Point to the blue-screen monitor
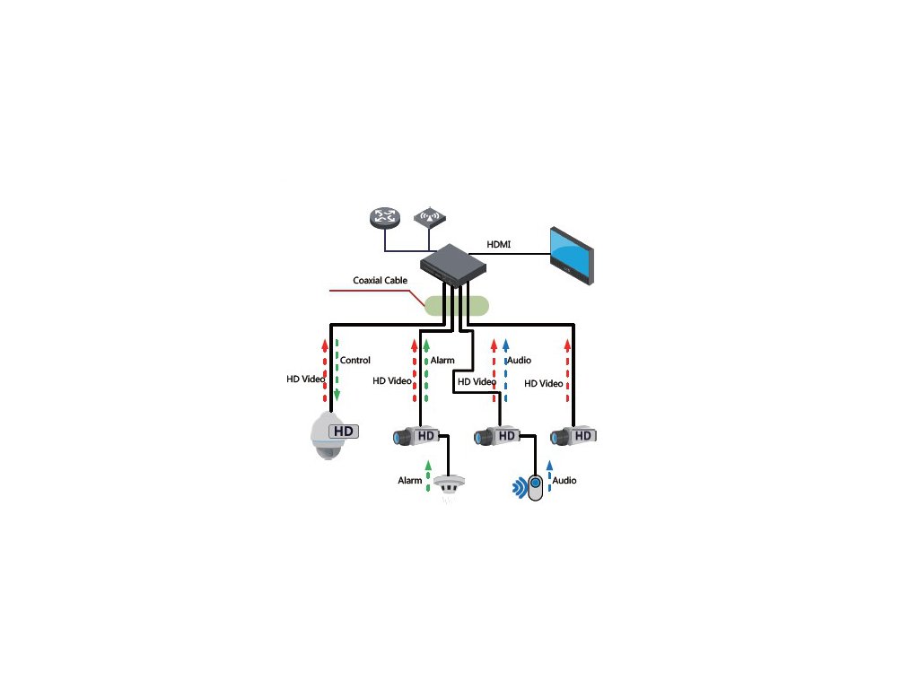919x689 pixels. tap(572, 256)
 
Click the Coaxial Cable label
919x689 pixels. tap(380, 280)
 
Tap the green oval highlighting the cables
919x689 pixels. tap(458, 305)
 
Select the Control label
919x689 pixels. tap(355, 361)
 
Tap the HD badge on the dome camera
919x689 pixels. tap(344, 432)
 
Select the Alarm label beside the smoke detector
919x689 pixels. tap(410, 481)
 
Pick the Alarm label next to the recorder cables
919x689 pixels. tap(442, 361)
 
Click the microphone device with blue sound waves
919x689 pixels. tap(535, 487)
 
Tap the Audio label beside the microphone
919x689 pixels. tap(565, 481)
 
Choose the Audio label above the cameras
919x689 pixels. tap(520, 361)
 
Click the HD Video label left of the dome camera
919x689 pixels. tap(305, 379)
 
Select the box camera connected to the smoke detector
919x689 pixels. tap(418, 437)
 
